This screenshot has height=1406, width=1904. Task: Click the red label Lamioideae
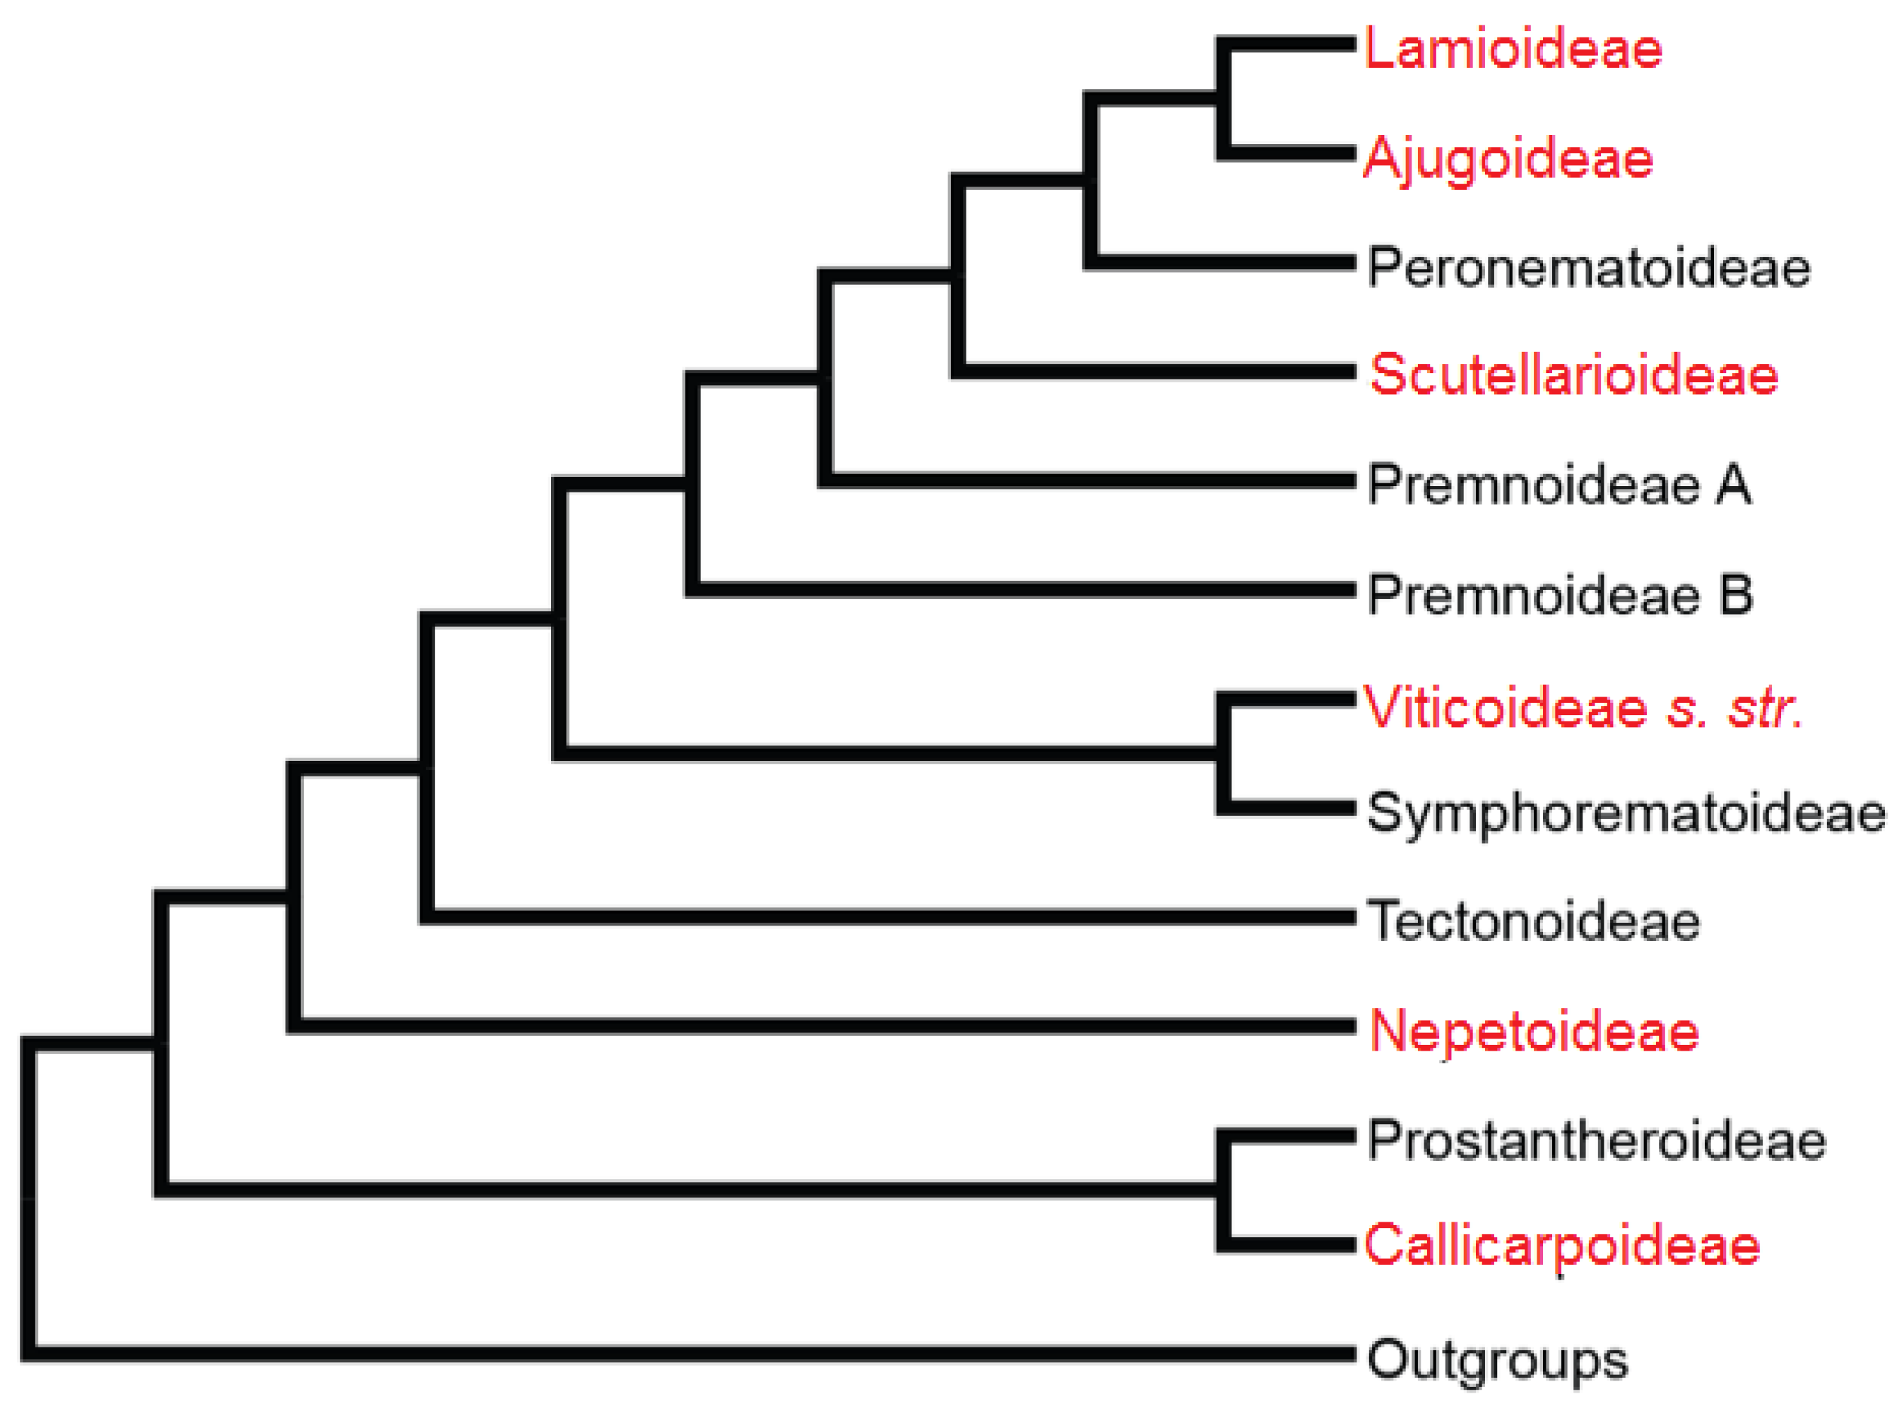1513,49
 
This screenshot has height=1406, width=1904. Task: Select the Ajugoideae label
1508,159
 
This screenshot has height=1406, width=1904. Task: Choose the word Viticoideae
1506,707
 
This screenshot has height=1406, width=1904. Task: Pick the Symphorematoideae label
1626,814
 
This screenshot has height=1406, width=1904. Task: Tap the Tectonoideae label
1533,921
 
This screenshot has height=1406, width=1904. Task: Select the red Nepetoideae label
1534,1031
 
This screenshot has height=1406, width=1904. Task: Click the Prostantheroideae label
1596,1140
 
